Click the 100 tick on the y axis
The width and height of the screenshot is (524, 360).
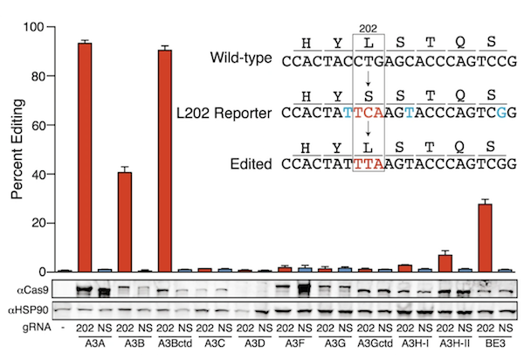[x=38, y=27]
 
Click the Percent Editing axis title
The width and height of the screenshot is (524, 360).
[x=17, y=149]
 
